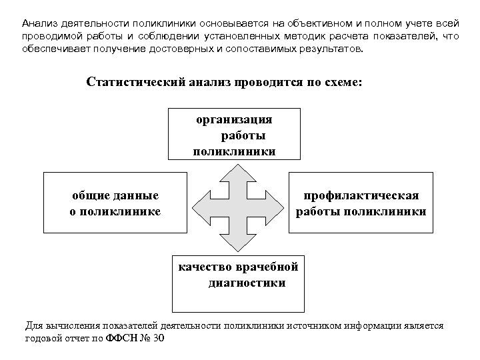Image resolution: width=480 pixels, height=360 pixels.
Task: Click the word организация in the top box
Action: coord(233,120)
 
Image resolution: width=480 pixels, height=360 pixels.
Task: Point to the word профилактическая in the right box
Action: coord(361,196)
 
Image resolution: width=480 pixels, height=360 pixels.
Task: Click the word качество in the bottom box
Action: coord(204,267)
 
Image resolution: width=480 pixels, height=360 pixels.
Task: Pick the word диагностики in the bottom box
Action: coord(246,283)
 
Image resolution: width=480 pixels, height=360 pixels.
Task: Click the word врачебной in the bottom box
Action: coord(267,267)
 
